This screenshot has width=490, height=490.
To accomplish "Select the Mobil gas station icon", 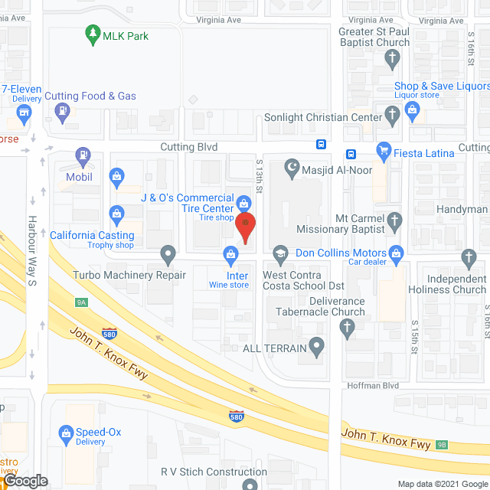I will (x=82, y=158).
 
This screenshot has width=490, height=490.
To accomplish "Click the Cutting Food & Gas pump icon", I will (x=60, y=112).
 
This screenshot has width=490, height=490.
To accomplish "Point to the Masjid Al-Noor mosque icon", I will (x=291, y=166).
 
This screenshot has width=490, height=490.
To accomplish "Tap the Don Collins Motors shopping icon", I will (x=396, y=252).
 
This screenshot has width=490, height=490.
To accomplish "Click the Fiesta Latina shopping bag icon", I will (x=383, y=152).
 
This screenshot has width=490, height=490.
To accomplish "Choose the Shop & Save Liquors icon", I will (x=413, y=111).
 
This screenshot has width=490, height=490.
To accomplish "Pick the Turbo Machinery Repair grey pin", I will (x=168, y=253).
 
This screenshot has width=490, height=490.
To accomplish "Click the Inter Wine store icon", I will (x=229, y=253).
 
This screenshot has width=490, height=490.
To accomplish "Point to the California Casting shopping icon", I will (x=116, y=213).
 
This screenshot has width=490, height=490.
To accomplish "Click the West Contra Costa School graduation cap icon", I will (x=279, y=252).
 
